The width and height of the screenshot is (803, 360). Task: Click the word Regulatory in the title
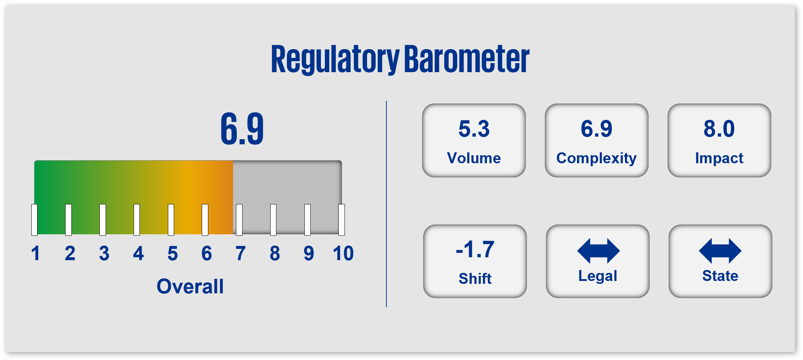point(335,59)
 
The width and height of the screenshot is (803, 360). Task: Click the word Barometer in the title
point(467,59)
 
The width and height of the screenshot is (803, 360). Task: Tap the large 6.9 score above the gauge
point(242,129)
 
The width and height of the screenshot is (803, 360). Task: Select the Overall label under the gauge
point(190,286)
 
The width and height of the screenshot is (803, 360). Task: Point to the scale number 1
point(35,253)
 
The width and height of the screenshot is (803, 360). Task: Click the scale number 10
point(343,253)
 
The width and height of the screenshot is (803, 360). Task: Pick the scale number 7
point(240,253)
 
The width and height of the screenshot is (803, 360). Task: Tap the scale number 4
point(138,253)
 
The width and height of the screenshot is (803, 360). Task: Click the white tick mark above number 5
point(171,220)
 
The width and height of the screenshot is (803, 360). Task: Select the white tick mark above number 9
point(307,220)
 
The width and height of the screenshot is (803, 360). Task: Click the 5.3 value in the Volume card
point(474,129)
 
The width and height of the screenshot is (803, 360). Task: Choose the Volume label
point(474,158)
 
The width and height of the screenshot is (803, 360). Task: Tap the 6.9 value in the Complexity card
point(597,129)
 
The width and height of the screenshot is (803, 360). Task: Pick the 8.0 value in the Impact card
point(719,129)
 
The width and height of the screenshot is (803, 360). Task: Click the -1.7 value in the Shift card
point(475,250)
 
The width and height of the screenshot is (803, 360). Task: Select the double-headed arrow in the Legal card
point(598,251)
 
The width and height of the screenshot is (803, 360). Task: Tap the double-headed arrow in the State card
point(720,251)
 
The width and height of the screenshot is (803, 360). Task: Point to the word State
point(720,276)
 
